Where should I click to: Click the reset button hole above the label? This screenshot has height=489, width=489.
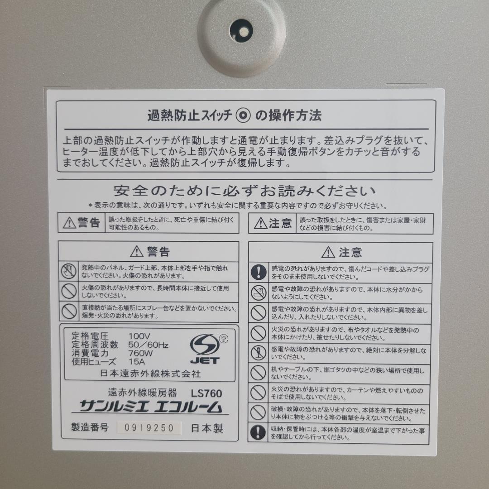(x=241, y=32)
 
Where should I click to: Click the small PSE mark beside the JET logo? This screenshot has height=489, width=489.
(x=223, y=340)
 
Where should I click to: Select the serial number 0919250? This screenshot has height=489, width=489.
(x=149, y=428)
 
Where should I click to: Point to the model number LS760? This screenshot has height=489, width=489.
(x=206, y=393)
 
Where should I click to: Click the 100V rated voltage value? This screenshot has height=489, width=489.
(x=139, y=336)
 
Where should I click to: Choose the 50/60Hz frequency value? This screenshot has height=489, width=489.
(x=149, y=345)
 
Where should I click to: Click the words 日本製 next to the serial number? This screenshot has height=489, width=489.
(x=207, y=428)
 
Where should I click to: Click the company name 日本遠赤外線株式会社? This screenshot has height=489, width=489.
(x=150, y=374)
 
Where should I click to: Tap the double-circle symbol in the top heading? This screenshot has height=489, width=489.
(x=243, y=116)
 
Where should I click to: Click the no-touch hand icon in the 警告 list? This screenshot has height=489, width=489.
(x=69, y=271)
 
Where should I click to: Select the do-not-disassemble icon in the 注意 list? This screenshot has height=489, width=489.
(x=258, y=353)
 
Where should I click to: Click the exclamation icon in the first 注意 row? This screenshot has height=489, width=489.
(x=258, y=272)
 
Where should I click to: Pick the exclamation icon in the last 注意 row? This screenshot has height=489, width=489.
(x=258, y=432)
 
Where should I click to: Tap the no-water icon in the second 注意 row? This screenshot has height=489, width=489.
(x=258, y=292)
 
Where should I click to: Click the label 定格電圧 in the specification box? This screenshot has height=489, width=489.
(x=90, y=336)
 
